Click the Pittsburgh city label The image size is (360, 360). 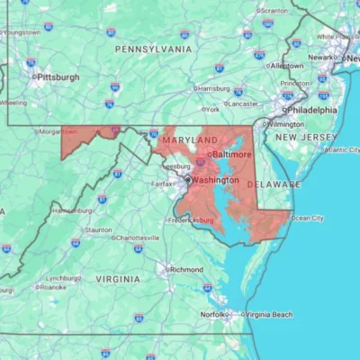click(58, 77)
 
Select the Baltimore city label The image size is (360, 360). click(232, 155)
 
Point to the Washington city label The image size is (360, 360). click(216, 179)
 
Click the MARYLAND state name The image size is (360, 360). click(189, 141)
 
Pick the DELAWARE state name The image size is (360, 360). click(274, 184)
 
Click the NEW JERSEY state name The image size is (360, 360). click(306, 136)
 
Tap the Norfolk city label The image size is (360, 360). click(214, 314)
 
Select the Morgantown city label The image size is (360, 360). click(57, 131)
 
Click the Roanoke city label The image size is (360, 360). click(50, 287)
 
